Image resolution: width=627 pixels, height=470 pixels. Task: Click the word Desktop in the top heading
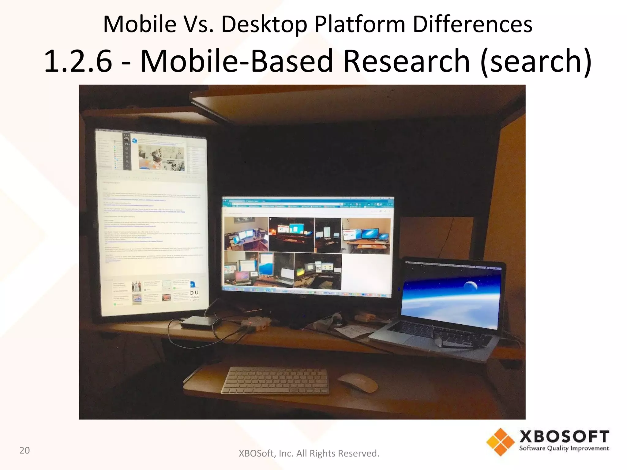264,24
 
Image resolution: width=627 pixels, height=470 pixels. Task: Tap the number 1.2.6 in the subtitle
78,61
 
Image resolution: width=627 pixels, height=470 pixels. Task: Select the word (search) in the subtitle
536,61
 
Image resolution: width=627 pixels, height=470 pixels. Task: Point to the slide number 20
24,450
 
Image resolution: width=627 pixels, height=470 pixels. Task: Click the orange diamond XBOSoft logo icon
500,442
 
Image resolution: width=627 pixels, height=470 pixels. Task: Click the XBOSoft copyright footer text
309,453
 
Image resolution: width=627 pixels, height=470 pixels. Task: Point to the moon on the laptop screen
470,286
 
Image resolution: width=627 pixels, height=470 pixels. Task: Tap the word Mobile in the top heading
140,24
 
